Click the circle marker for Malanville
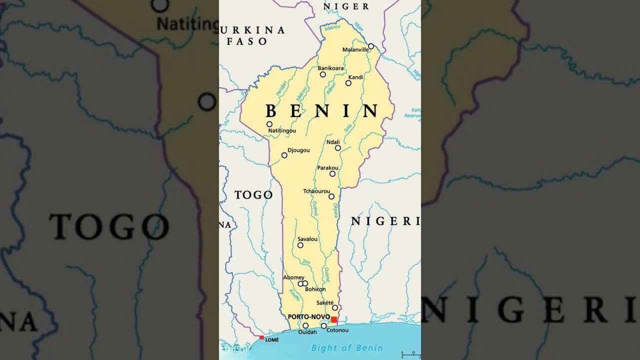point(371,46)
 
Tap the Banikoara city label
point(330,68)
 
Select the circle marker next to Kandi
point(348,83)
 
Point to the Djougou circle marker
point(284,155)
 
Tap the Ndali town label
point(333,142)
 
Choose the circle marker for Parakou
point(332,174)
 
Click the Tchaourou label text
point(316,191)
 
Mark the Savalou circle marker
point(300,245)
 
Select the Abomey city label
point(293,277)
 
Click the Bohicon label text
point(315,289)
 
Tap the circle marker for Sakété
point(335,307)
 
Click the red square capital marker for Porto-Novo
point(334,319)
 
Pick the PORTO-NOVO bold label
point(308,317)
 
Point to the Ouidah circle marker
point(305,325)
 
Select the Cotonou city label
point(337,330)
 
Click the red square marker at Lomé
point(261,337)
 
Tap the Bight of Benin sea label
point(347,348)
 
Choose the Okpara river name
point(335,210)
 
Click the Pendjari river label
point(281,88)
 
